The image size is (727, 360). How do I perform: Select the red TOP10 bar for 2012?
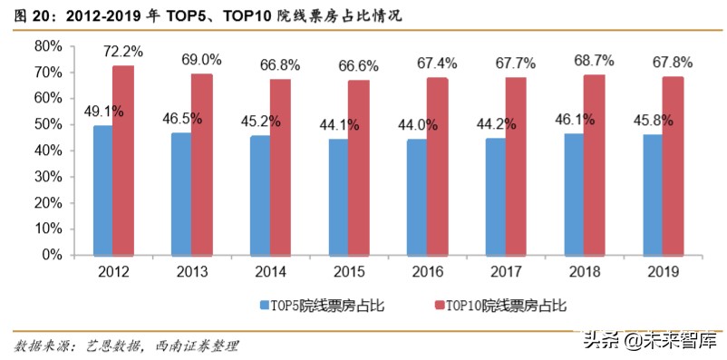tap(123, 161)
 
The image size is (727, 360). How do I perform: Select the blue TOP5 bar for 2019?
tap(652, 195)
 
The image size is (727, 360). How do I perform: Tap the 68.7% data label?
tap(596, 60)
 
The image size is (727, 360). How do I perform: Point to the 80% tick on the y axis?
tap(48, 46)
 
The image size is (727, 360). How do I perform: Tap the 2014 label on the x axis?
tap(269, 271)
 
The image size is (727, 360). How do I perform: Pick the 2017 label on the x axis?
tap(504, 271)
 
